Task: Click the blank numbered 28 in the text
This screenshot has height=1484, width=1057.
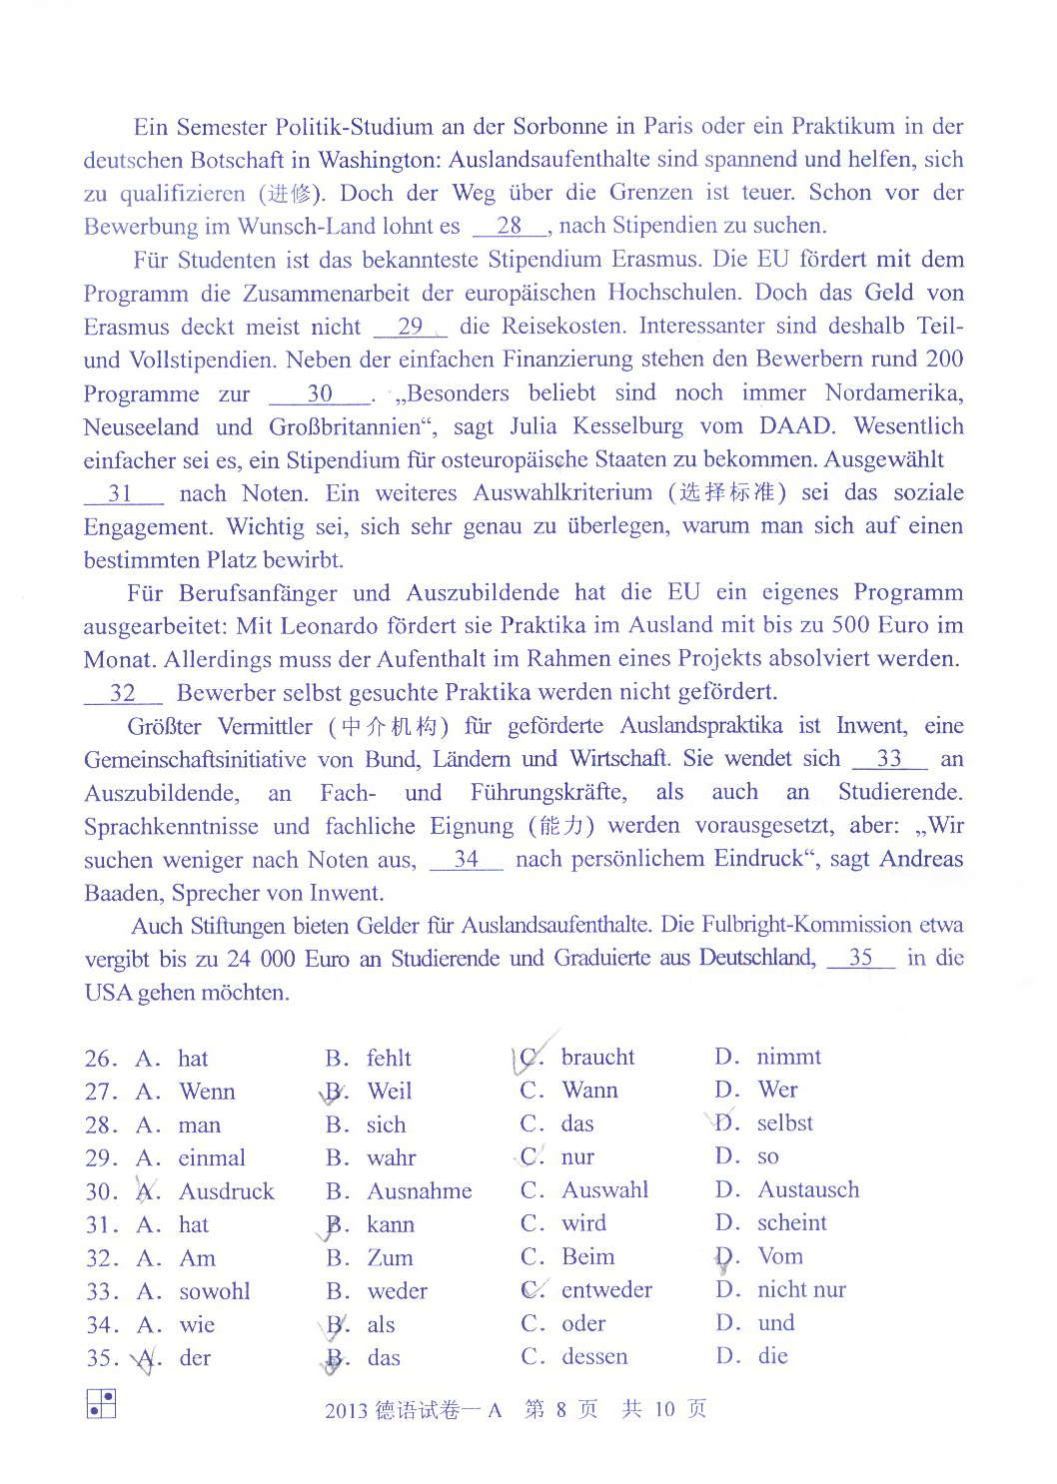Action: pos(510,227)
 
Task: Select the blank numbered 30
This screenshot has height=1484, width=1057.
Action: pos(320,394)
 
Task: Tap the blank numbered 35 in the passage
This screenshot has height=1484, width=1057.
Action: pos(860,959)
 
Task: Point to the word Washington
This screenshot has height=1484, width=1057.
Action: pos(379,160)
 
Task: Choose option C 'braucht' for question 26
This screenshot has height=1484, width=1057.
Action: pos(597,1058)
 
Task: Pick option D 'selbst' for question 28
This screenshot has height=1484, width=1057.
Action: pos(784,1123)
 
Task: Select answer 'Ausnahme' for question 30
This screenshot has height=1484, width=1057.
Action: pos(420,1191)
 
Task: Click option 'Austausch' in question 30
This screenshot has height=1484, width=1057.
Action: pos(808,1190)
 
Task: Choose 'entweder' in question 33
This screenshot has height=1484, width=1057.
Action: pos(606,1290)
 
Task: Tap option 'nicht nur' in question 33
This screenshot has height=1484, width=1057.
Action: pos(801,1290)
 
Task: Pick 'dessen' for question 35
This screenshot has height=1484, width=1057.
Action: pos(594,1357)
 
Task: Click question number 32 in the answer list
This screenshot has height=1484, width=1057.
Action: pos(101,1259)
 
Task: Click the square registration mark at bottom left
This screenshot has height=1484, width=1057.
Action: pos(101,1403)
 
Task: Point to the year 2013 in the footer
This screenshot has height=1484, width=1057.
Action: pos(346,1411)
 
